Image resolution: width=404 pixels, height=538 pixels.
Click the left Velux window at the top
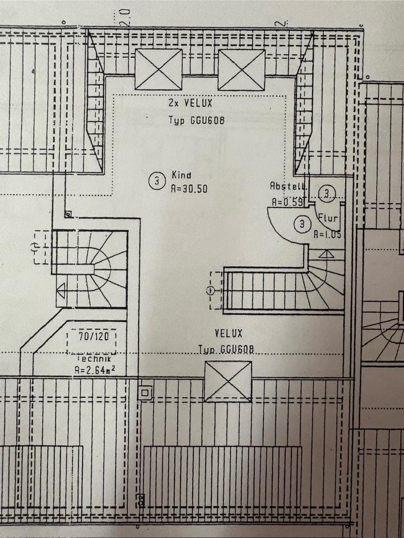(x=159, y=69)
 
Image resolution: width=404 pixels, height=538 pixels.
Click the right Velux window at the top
(x=242, y=69)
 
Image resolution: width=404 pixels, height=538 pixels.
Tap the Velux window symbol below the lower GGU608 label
(x=228, y=382)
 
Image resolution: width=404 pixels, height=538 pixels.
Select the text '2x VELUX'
(x=183, y=104)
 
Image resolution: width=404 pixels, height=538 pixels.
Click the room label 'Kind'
(x=178, y=175)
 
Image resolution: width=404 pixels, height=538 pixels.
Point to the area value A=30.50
(x=189, y=189)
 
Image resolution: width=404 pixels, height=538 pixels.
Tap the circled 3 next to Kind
(x=157, y=180)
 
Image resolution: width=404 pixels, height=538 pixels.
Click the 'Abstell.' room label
(x=287, y=186)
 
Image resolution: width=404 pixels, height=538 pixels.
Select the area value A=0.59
(x=287, y=202)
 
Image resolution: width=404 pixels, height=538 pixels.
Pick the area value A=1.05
(x=327, y=235)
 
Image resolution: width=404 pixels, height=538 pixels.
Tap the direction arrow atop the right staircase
(x=325, y=256)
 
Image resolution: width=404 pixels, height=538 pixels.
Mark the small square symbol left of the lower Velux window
(x=146, y=393)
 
